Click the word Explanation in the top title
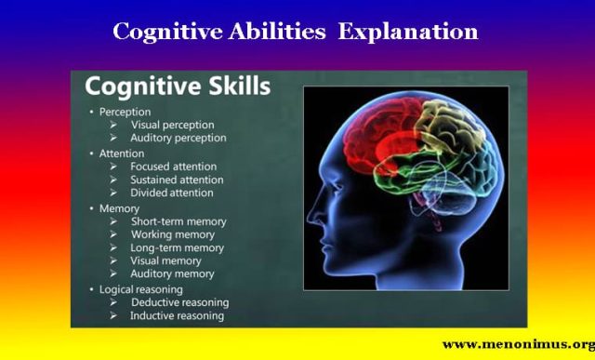tap(408, 32)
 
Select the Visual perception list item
tap(172, 124)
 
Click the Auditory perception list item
tap(178, 138)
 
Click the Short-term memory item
tap(177, 221)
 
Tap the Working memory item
tap(172, 234)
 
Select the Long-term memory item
tap(177, 247)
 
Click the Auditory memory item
tap(173, 274)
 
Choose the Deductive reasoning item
tap(179, 302)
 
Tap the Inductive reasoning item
tap(178, 316)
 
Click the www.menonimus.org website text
tap(517, 344)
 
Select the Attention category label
tap(122, 153)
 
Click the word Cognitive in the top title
tap(163, 32)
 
